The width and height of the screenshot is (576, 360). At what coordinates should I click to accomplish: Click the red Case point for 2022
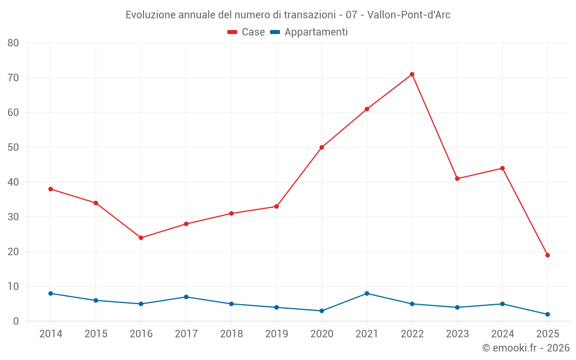click(412, 74)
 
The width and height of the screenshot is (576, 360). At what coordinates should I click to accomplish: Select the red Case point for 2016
click(141, 238)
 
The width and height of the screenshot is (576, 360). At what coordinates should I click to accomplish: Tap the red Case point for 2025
click(547, 255)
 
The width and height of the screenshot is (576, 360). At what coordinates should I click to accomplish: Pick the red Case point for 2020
click(321, 147)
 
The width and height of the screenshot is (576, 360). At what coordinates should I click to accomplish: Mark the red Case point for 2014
click(51, 189)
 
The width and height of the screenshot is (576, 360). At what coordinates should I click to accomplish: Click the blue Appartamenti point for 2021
click(367, 293)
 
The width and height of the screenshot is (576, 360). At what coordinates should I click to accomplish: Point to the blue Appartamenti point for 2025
click(547, 314)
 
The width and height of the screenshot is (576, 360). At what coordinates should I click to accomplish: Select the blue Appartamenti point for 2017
click(186, 297)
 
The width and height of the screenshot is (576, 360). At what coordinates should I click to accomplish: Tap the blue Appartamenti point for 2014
click(51, 293)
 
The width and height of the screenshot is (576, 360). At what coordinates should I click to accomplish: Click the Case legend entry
click(247, 32)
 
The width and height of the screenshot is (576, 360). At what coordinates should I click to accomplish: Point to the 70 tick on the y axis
click(13, 78)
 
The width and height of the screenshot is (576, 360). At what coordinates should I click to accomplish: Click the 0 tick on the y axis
click(16, 321)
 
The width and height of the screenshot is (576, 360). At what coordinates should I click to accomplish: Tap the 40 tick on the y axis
click(13, 182)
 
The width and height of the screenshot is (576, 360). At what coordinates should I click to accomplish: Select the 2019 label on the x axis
click(276, 334)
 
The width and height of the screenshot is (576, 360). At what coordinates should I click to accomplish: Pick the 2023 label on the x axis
click(457, 334)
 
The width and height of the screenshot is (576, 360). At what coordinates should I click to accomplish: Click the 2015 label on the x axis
click(96, 334)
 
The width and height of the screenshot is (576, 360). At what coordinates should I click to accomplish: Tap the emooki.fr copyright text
click(526, 348)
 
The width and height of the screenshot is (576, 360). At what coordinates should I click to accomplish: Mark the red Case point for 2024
click(502, 168)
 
